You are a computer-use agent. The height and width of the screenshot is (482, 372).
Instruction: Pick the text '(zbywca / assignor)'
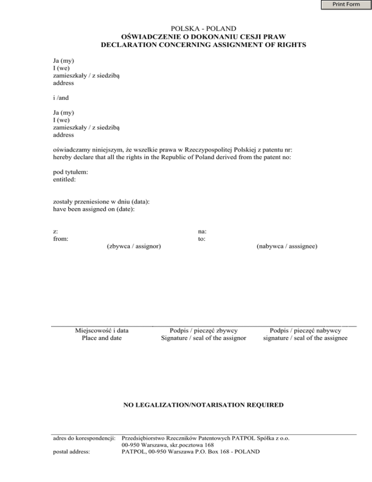point(134,247)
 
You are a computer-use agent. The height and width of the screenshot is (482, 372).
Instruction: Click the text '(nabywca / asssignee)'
point(287,247)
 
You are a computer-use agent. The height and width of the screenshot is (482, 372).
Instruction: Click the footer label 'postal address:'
point(73,451)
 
